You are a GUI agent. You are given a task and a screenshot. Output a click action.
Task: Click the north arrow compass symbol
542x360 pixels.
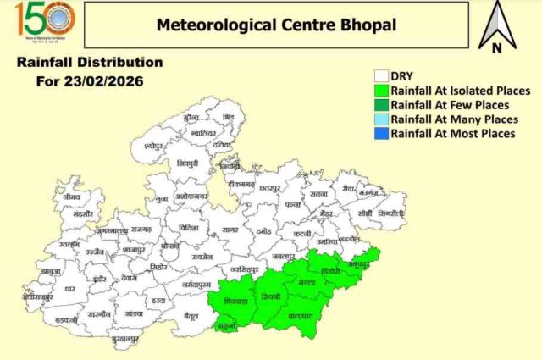pyautogui.click(x=496, y=26)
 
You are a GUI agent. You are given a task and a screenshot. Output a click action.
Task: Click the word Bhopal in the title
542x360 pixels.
pyautogui.click(x=364, y=24)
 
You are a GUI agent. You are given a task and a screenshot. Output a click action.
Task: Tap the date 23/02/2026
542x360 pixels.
pyautogui.click(x=108, y=81)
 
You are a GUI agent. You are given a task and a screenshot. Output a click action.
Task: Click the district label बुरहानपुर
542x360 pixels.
pyautogui.click(x=124, y=339)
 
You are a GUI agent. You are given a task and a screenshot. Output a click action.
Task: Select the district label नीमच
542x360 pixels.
pyautogui.click(x=71, y=196)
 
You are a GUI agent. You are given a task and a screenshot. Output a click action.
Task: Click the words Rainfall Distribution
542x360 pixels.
pyautogui.click(x=90, y=63)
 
